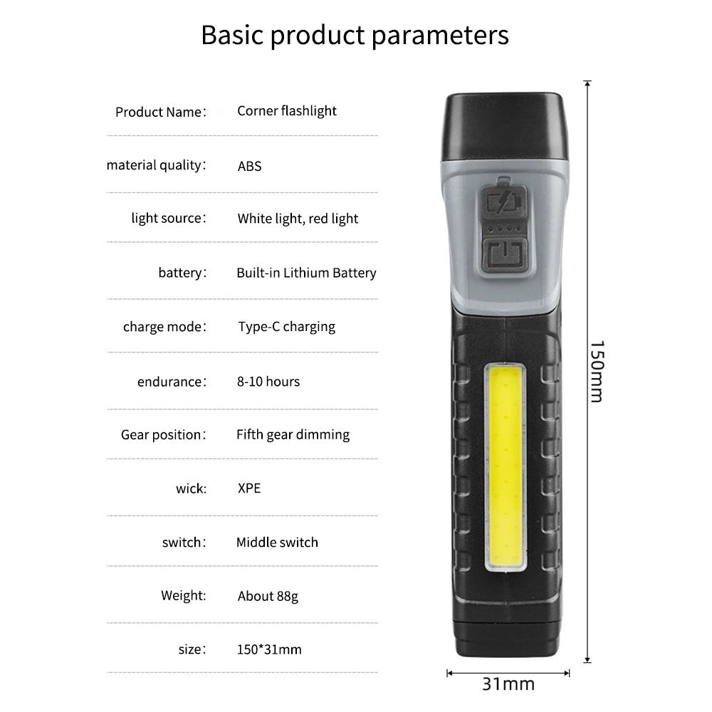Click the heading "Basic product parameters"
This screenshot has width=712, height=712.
point(355,35)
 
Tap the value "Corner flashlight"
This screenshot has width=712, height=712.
point(287,111)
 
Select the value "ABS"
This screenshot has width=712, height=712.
point(250,167)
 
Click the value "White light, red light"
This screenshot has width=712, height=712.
point(298,219)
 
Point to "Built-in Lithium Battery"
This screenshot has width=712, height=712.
point(306,273)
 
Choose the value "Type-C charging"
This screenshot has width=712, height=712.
point(286,327)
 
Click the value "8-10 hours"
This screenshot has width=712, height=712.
point(268,382)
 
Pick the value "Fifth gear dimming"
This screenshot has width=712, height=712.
point(293,434)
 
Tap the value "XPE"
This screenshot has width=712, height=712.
point(249,488)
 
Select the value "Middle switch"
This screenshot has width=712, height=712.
point(277,543)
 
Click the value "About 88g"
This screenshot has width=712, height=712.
point(268,596)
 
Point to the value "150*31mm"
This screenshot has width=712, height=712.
point(269,649)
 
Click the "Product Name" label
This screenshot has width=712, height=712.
point(160,112)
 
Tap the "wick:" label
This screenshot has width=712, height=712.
point(191,488)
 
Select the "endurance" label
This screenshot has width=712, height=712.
point(171,382)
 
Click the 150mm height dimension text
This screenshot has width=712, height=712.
point(597,370)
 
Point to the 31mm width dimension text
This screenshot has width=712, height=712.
point(508,684)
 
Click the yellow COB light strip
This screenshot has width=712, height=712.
point(506,466)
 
